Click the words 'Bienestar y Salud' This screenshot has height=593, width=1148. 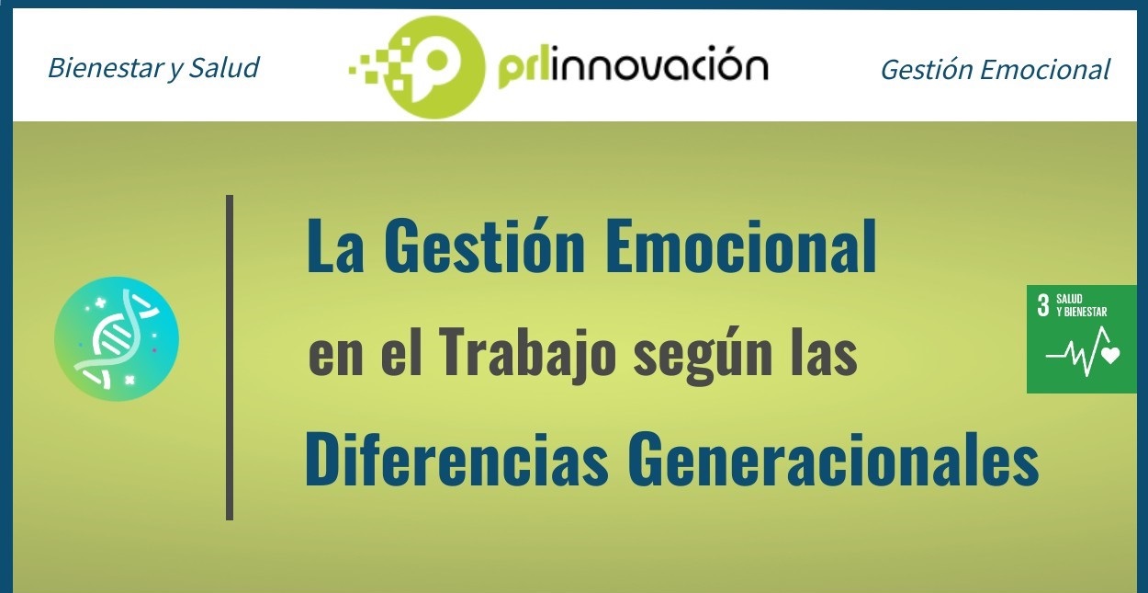153,68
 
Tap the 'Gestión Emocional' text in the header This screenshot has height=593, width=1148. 995,70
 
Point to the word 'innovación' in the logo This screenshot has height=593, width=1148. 662,67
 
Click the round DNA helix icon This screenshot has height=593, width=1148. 117,339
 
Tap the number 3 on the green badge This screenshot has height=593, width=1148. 1042,306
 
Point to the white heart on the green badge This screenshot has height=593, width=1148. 1110,355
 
